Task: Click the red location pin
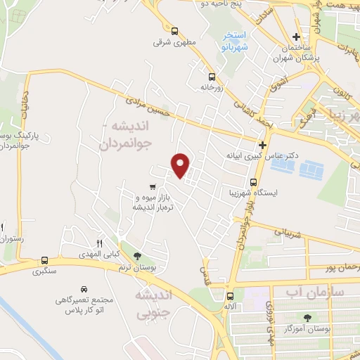pyautogui.click(x=181, y=165)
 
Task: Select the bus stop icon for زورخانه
pyautogui.click(x=212, y=77)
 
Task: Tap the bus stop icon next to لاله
pyautogui.click(x=230, y=296)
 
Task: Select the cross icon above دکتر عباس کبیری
pyautogui.click(x=262, y=144)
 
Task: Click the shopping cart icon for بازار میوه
pyautogui.click(x=153, y=187)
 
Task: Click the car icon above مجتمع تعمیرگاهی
pyautogui.click(x=84, y=289)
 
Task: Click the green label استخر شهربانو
pyautogui.click(x=232, y=42)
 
